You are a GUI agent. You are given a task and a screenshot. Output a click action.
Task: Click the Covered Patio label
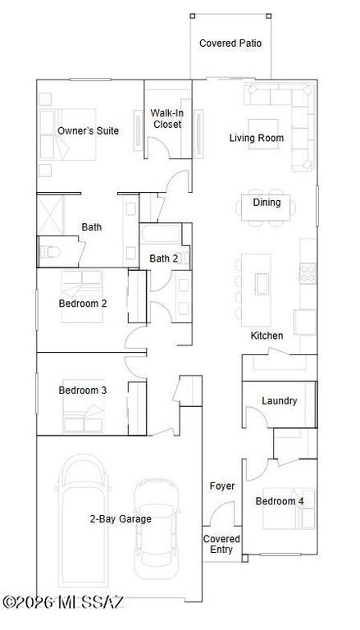[230, 43]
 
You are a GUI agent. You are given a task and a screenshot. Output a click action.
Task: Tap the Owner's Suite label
[88, 130]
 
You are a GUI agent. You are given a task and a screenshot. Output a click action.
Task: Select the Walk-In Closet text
[167, 119]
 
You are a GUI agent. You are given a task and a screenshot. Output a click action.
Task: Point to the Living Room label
[256, 138]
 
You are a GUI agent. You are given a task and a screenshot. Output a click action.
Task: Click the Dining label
[267, 203]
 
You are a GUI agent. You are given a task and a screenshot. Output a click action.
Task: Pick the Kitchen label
[267, 336]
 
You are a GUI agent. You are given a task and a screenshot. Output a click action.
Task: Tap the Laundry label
[279, 401]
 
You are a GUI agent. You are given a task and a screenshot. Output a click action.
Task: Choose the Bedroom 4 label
[279, 501]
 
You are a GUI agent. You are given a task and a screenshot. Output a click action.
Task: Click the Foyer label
[221, 486]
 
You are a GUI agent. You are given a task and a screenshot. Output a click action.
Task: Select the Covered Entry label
[221, 544]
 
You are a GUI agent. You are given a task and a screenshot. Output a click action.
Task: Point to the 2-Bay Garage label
[121, 518]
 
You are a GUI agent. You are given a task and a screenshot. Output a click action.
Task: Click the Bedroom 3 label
[83, 390]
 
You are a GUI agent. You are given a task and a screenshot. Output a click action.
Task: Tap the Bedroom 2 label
[83, 303]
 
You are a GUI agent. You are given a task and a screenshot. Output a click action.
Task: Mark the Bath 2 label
[164, 258]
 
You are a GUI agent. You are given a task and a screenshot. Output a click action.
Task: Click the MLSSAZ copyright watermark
[63, 603]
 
